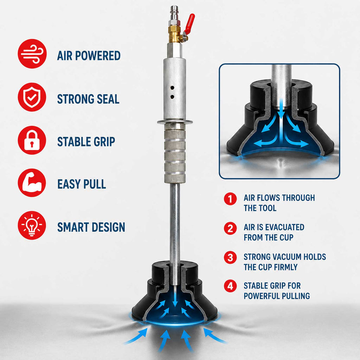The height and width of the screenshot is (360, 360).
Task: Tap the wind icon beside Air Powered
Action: tap(32, 54)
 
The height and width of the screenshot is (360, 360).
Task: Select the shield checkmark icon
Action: tap(32, 97)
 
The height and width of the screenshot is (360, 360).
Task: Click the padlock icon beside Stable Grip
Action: tap(32, 140)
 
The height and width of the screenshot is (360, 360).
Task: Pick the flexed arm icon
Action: tap(32, 183)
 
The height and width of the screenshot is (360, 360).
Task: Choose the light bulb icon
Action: tap(32, 225)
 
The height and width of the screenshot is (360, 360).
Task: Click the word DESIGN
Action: tap(108, 227)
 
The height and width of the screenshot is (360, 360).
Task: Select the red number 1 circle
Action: tap(230, 199)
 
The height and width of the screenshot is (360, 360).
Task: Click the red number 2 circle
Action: tap(230, 228)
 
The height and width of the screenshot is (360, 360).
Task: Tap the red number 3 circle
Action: tap(230, 257)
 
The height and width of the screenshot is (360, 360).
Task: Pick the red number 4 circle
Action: tap(230, 286)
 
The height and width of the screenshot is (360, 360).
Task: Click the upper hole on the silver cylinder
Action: tap(172, 88)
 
